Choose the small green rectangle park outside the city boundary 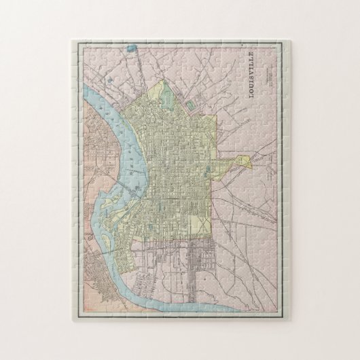click(x=190, y=105)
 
